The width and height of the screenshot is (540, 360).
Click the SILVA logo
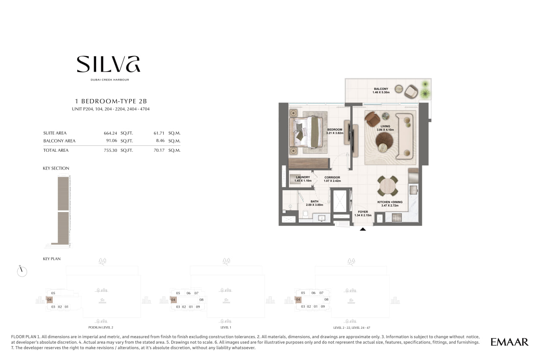click(108, 64)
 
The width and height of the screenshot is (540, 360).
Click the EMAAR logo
click(509, 342)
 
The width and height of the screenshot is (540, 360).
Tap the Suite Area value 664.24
click(111, 133)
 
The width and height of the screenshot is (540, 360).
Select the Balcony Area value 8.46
click(160, 140)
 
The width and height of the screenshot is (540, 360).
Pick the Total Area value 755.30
click(111, 150)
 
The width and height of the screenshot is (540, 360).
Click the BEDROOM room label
click(335, 130)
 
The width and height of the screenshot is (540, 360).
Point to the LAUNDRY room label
click(303, 177)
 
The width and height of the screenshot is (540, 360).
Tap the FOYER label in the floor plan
click(363, 212)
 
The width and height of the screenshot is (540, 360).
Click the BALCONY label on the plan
click(381, 89)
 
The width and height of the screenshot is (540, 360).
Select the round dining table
click(387, 186)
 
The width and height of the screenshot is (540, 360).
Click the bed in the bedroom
click(306, 132)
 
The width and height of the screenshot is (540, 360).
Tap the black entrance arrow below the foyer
click(363, 229)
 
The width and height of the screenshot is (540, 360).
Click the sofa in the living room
click(406, 136)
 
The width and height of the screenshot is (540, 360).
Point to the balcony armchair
click(411, 91)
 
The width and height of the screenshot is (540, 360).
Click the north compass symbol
click(22, 271)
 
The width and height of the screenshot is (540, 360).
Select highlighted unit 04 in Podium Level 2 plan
click(49, 300)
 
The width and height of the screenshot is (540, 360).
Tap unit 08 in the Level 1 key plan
click(202, 300)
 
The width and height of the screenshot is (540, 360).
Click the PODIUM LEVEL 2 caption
click(101, 328)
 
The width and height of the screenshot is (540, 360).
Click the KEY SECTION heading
click(56, 169)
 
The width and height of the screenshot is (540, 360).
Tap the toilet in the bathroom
click(305, 213)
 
